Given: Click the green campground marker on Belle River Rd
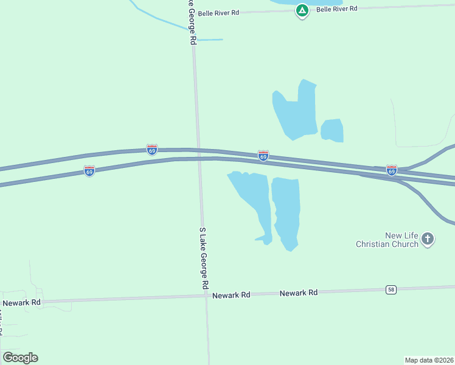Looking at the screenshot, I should coord(302,10).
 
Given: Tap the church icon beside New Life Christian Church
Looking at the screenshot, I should coord(428,239).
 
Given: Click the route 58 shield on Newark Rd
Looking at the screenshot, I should coord(391,290).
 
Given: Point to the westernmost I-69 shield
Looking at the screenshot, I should coord(89,171).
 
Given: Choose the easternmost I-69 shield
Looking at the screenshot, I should coord(392,170).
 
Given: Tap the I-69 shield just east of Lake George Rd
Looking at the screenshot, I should coord(263,156).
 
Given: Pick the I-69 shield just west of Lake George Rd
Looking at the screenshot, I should coord(152,149).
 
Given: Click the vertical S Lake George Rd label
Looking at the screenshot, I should coord(204,259).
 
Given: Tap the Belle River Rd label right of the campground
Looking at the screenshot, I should coord(336,9).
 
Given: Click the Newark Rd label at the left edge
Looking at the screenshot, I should coord(21,302).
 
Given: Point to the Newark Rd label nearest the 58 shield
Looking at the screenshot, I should coord(299,293).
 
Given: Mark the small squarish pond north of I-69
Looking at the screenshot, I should coord(332,130).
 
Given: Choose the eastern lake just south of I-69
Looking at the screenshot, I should coord(286,210).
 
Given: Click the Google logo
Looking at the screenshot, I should coord(20,358).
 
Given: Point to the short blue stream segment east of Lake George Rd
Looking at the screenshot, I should coord(210,40).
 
